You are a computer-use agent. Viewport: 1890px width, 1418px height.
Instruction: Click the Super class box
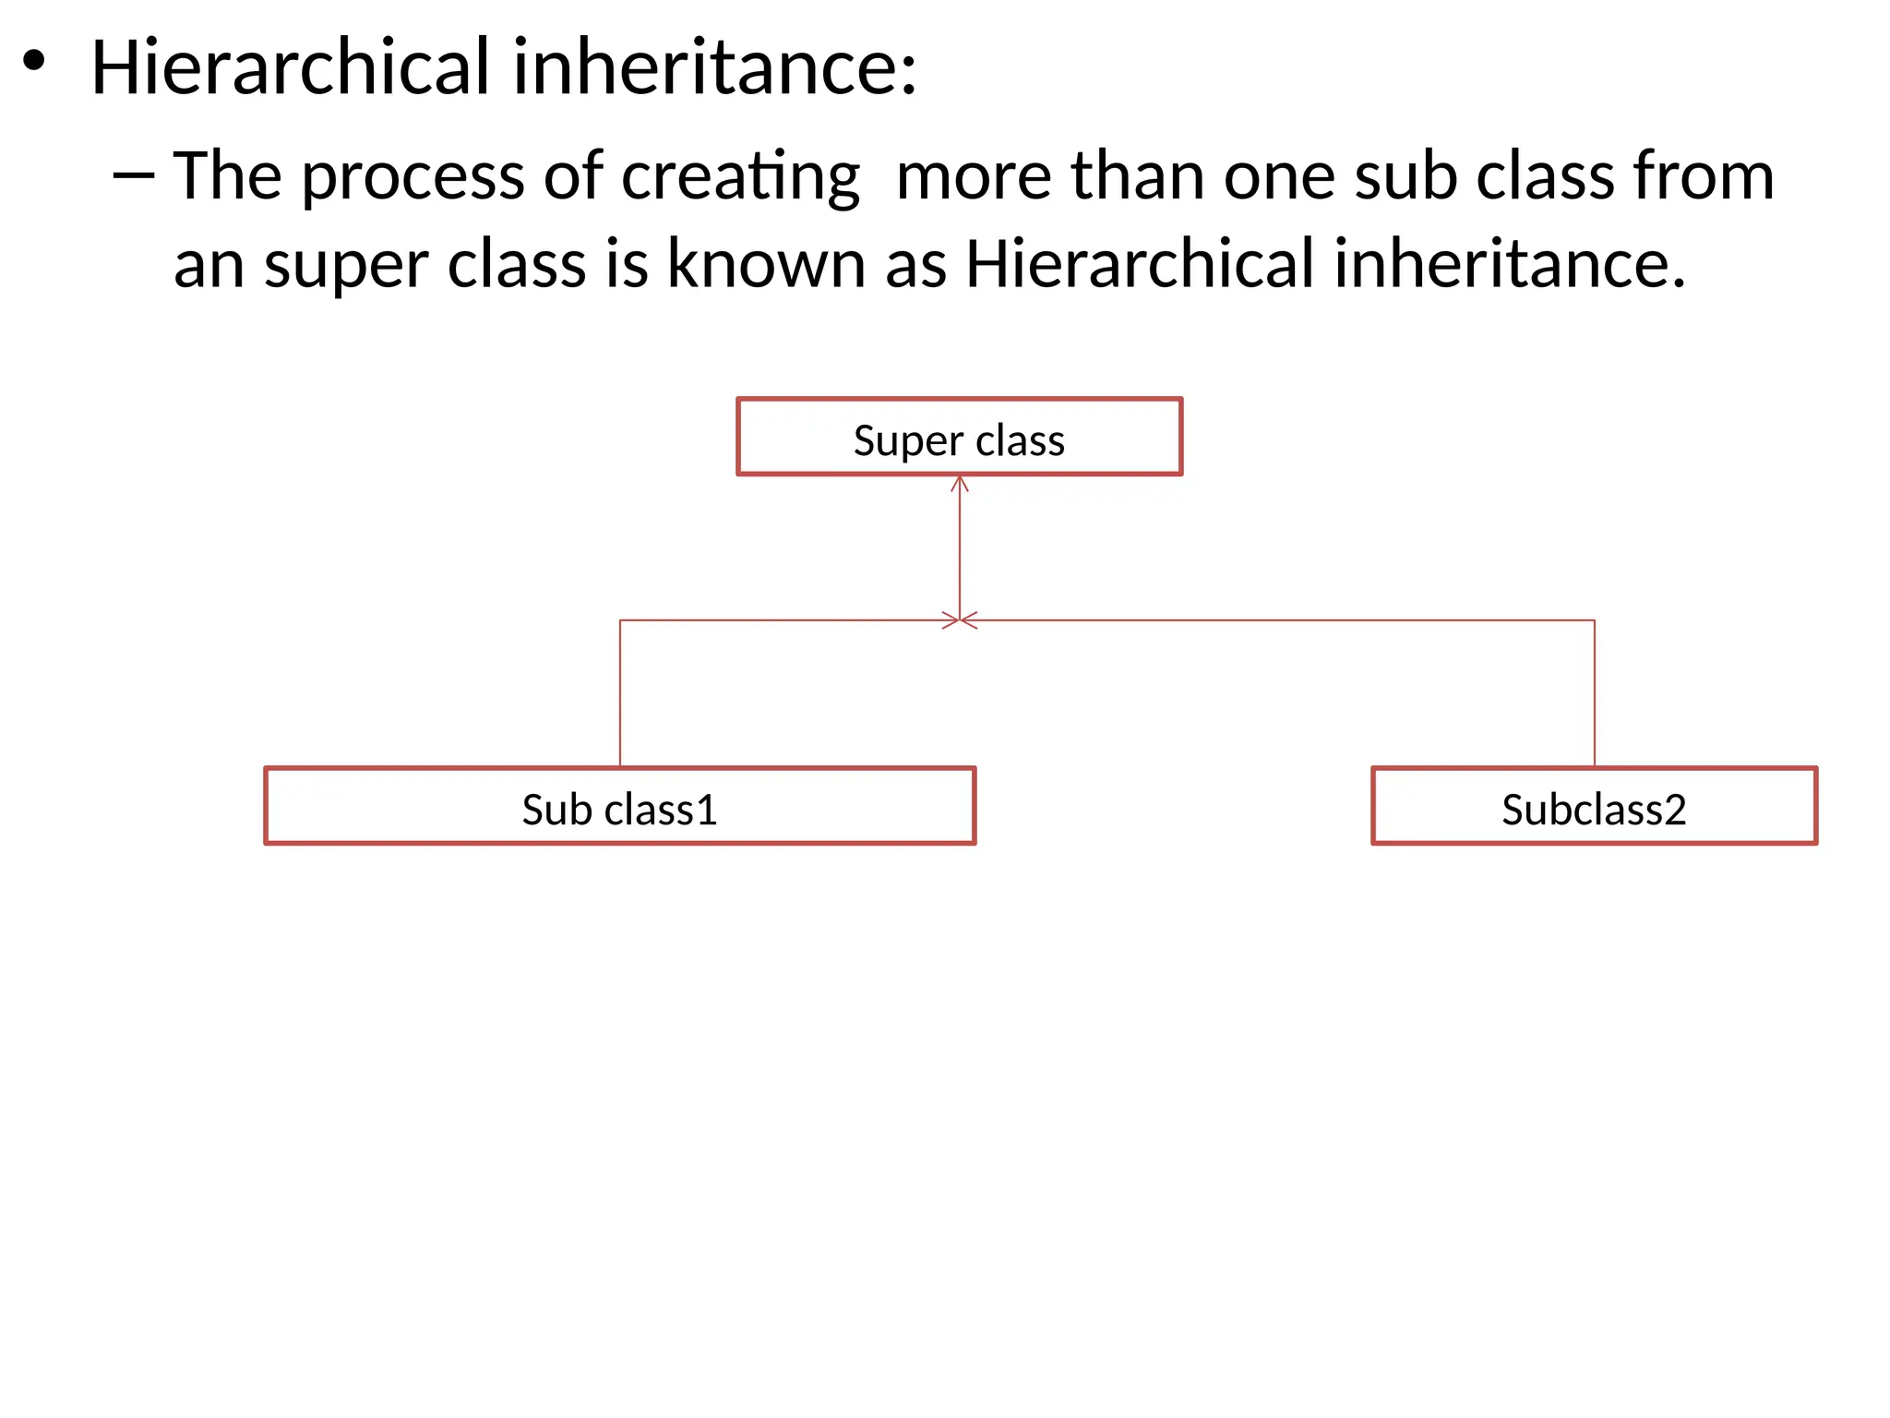[959, 438]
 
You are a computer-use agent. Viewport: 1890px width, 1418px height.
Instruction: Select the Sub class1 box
[619, 806]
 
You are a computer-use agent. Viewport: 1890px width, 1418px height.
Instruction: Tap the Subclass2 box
[1594, 806]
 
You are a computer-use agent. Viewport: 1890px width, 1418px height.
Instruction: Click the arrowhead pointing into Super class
[960, 484]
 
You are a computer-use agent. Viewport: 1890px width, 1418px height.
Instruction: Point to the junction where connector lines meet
[960, 620]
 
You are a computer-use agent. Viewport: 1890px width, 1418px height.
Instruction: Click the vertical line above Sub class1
[620, 692]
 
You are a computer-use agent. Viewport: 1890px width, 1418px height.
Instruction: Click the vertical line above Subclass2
[1595, 692]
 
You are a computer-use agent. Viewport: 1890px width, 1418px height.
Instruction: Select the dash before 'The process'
[133, 174]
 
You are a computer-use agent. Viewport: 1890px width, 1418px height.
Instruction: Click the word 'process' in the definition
[413, 176]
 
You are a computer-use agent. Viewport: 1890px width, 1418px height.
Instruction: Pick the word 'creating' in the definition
[740, 176]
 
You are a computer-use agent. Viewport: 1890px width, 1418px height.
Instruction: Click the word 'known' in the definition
[766, 264]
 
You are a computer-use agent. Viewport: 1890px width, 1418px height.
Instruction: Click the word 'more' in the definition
[974, 176]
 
